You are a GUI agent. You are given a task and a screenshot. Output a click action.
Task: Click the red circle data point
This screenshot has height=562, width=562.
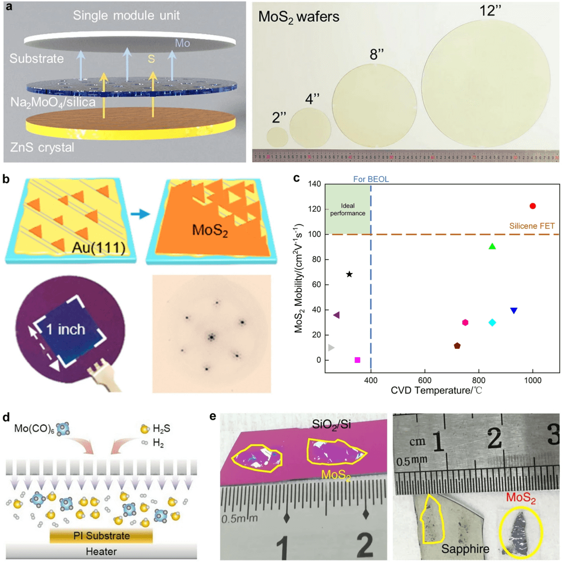point(532,206)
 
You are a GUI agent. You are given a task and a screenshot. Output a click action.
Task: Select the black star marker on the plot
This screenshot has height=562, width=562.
point(349,274)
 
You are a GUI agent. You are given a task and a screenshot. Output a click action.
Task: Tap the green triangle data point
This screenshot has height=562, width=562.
point(492,246)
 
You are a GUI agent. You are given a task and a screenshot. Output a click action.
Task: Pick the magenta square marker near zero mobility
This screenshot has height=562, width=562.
point(357,360)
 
